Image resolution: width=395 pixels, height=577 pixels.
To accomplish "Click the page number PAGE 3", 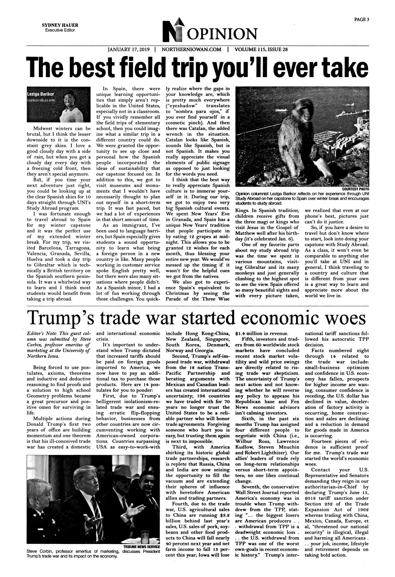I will coord(362,20).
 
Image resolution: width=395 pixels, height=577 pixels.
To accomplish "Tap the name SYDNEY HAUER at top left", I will coord(60,25).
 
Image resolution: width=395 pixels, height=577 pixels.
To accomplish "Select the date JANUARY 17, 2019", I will coord(129,50).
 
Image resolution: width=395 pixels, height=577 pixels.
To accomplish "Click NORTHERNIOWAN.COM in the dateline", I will coord(191,50).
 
